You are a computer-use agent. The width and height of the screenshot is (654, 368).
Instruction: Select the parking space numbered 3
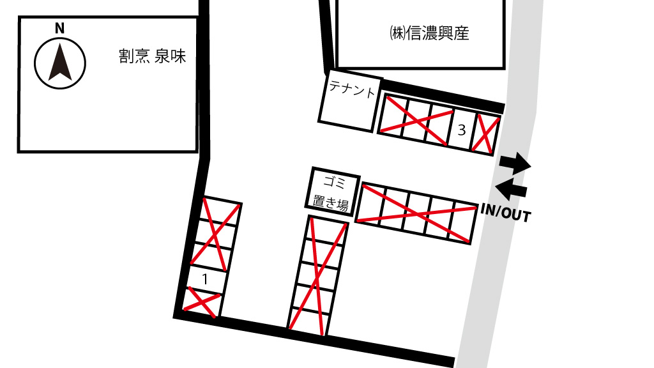[x=460, y=129]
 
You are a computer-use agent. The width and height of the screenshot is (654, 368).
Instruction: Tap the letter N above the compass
[x=59, y=28]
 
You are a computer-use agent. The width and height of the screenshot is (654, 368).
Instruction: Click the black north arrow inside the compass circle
[x=60, y=62]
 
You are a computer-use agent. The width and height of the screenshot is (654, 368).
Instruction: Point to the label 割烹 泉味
[x=152, y=56]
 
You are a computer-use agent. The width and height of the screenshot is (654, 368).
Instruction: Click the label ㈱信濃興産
[x=429, y=33]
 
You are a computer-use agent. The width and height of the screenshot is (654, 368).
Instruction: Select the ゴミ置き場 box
[x=332, y=190]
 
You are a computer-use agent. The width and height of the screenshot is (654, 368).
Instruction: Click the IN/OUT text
[x=506, y=212]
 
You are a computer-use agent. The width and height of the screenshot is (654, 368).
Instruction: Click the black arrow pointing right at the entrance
[x=515, y=163]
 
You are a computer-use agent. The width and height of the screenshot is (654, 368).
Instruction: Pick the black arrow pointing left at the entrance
[x=511, y=189]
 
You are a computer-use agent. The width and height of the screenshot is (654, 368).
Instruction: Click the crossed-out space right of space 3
[x=486, y=134]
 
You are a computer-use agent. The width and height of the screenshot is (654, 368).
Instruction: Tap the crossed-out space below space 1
[x=202, y=302]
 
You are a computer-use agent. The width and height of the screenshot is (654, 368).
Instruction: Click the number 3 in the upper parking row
[x=461, y=130]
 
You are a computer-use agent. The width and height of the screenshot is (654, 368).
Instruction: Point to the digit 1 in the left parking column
[x=205, y=279]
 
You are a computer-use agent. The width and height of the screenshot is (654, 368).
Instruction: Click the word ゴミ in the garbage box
[x=335, y=182]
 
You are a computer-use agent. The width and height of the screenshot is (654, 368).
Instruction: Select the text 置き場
[x=330, y=203]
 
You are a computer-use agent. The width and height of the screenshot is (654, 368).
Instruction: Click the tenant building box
[x=350, y=101]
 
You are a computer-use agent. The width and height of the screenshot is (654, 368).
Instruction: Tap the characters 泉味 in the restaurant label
[x=170, y=56]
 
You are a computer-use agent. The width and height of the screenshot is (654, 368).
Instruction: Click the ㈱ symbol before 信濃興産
[x=397, y=33]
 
